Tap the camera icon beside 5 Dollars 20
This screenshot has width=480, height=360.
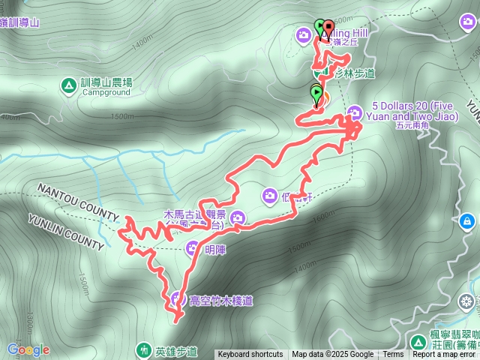coord(354,112)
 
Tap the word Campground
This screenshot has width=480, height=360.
coord(106,93)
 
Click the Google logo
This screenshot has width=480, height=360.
coord(28,349)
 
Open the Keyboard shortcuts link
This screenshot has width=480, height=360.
coord(250,355)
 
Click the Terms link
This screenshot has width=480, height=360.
coord(393,355)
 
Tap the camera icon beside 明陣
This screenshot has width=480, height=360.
coord(193,249)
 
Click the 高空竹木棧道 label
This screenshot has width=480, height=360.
coord(221,301)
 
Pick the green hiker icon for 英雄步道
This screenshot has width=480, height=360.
coord(144,349)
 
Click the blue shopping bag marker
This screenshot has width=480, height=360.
coord(467,221)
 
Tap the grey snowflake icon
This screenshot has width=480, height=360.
coord(466,301)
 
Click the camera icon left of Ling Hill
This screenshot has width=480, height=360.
coord(304,34)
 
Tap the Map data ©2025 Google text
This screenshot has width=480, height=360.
coord(332,355)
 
